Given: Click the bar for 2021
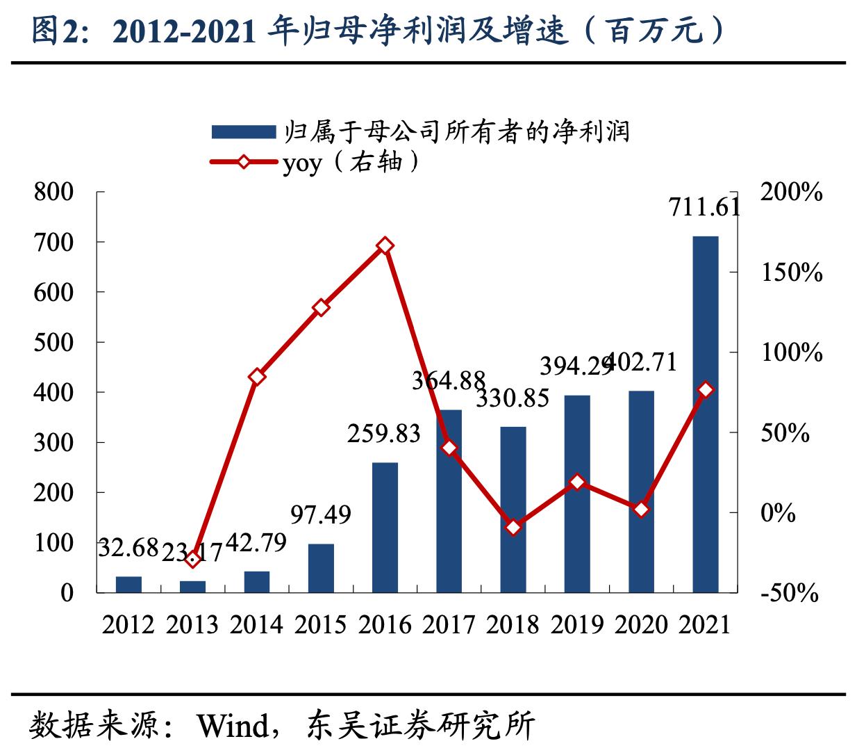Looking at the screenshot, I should click(705, 414).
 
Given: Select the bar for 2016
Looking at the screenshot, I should click(385, 527).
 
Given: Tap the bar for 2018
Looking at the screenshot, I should click(513, 509).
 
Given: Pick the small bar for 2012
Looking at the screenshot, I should click(128, 584).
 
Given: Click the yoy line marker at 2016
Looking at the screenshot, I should click(385, 246).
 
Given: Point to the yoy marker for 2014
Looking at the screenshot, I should click(257, 377).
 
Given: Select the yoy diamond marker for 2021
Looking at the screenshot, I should click(706, 390).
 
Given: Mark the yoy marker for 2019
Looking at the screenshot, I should click(577, 482).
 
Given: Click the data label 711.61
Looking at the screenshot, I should click(704, 207).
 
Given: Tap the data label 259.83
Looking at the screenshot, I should click(384, 433).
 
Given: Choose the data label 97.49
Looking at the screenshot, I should click(321, 514).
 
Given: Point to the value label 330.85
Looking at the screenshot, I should click(513, 398).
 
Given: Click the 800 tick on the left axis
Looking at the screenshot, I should click(53, 193).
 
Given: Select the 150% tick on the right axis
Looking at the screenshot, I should click(792, 273).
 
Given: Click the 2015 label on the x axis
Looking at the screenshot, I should click(321, 624).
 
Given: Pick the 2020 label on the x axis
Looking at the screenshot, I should click(641, 624).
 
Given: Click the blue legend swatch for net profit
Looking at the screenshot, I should click(243, 132).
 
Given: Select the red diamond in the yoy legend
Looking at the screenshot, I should click(243, 162).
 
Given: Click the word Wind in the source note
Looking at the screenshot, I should click(232, 726).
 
